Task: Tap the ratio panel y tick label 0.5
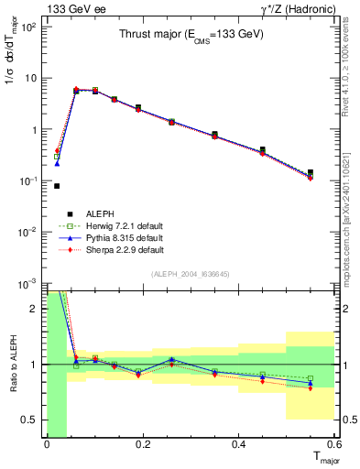32,420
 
